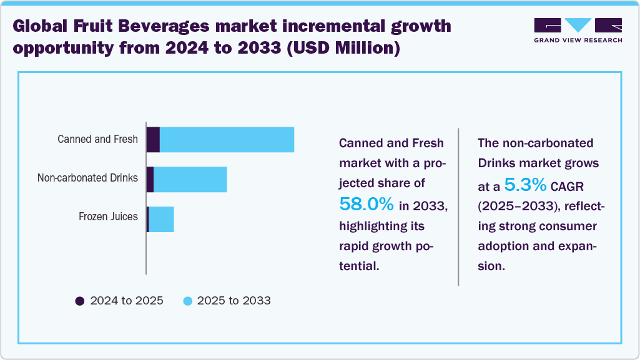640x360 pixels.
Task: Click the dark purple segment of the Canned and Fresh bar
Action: (x=153, y=139)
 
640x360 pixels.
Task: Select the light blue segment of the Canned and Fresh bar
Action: (x=227, y=139)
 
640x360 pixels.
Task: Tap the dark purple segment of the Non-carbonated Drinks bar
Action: (x=150, y=180)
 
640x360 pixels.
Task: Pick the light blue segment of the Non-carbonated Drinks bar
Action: (x=190, y=180)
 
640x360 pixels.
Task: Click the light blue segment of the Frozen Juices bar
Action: (x=161, y=220)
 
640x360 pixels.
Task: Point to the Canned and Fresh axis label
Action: (x=97, y=139)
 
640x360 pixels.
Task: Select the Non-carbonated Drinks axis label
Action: (x=87, y=178)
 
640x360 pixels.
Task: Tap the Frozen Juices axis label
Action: (x=108, y=217)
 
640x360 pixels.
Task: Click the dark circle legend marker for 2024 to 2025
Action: (x=79, y=301)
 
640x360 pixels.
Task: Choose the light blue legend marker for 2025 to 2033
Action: (x=187, y=301)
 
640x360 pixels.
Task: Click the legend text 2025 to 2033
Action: (x=234, y=301)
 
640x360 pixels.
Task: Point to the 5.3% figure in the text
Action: (x=526, y=185)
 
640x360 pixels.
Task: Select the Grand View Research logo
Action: (x=578, y=30)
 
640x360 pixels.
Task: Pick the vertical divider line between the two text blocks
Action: (x=459, y=207)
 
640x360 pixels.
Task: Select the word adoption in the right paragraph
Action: (x=505, y=246)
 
